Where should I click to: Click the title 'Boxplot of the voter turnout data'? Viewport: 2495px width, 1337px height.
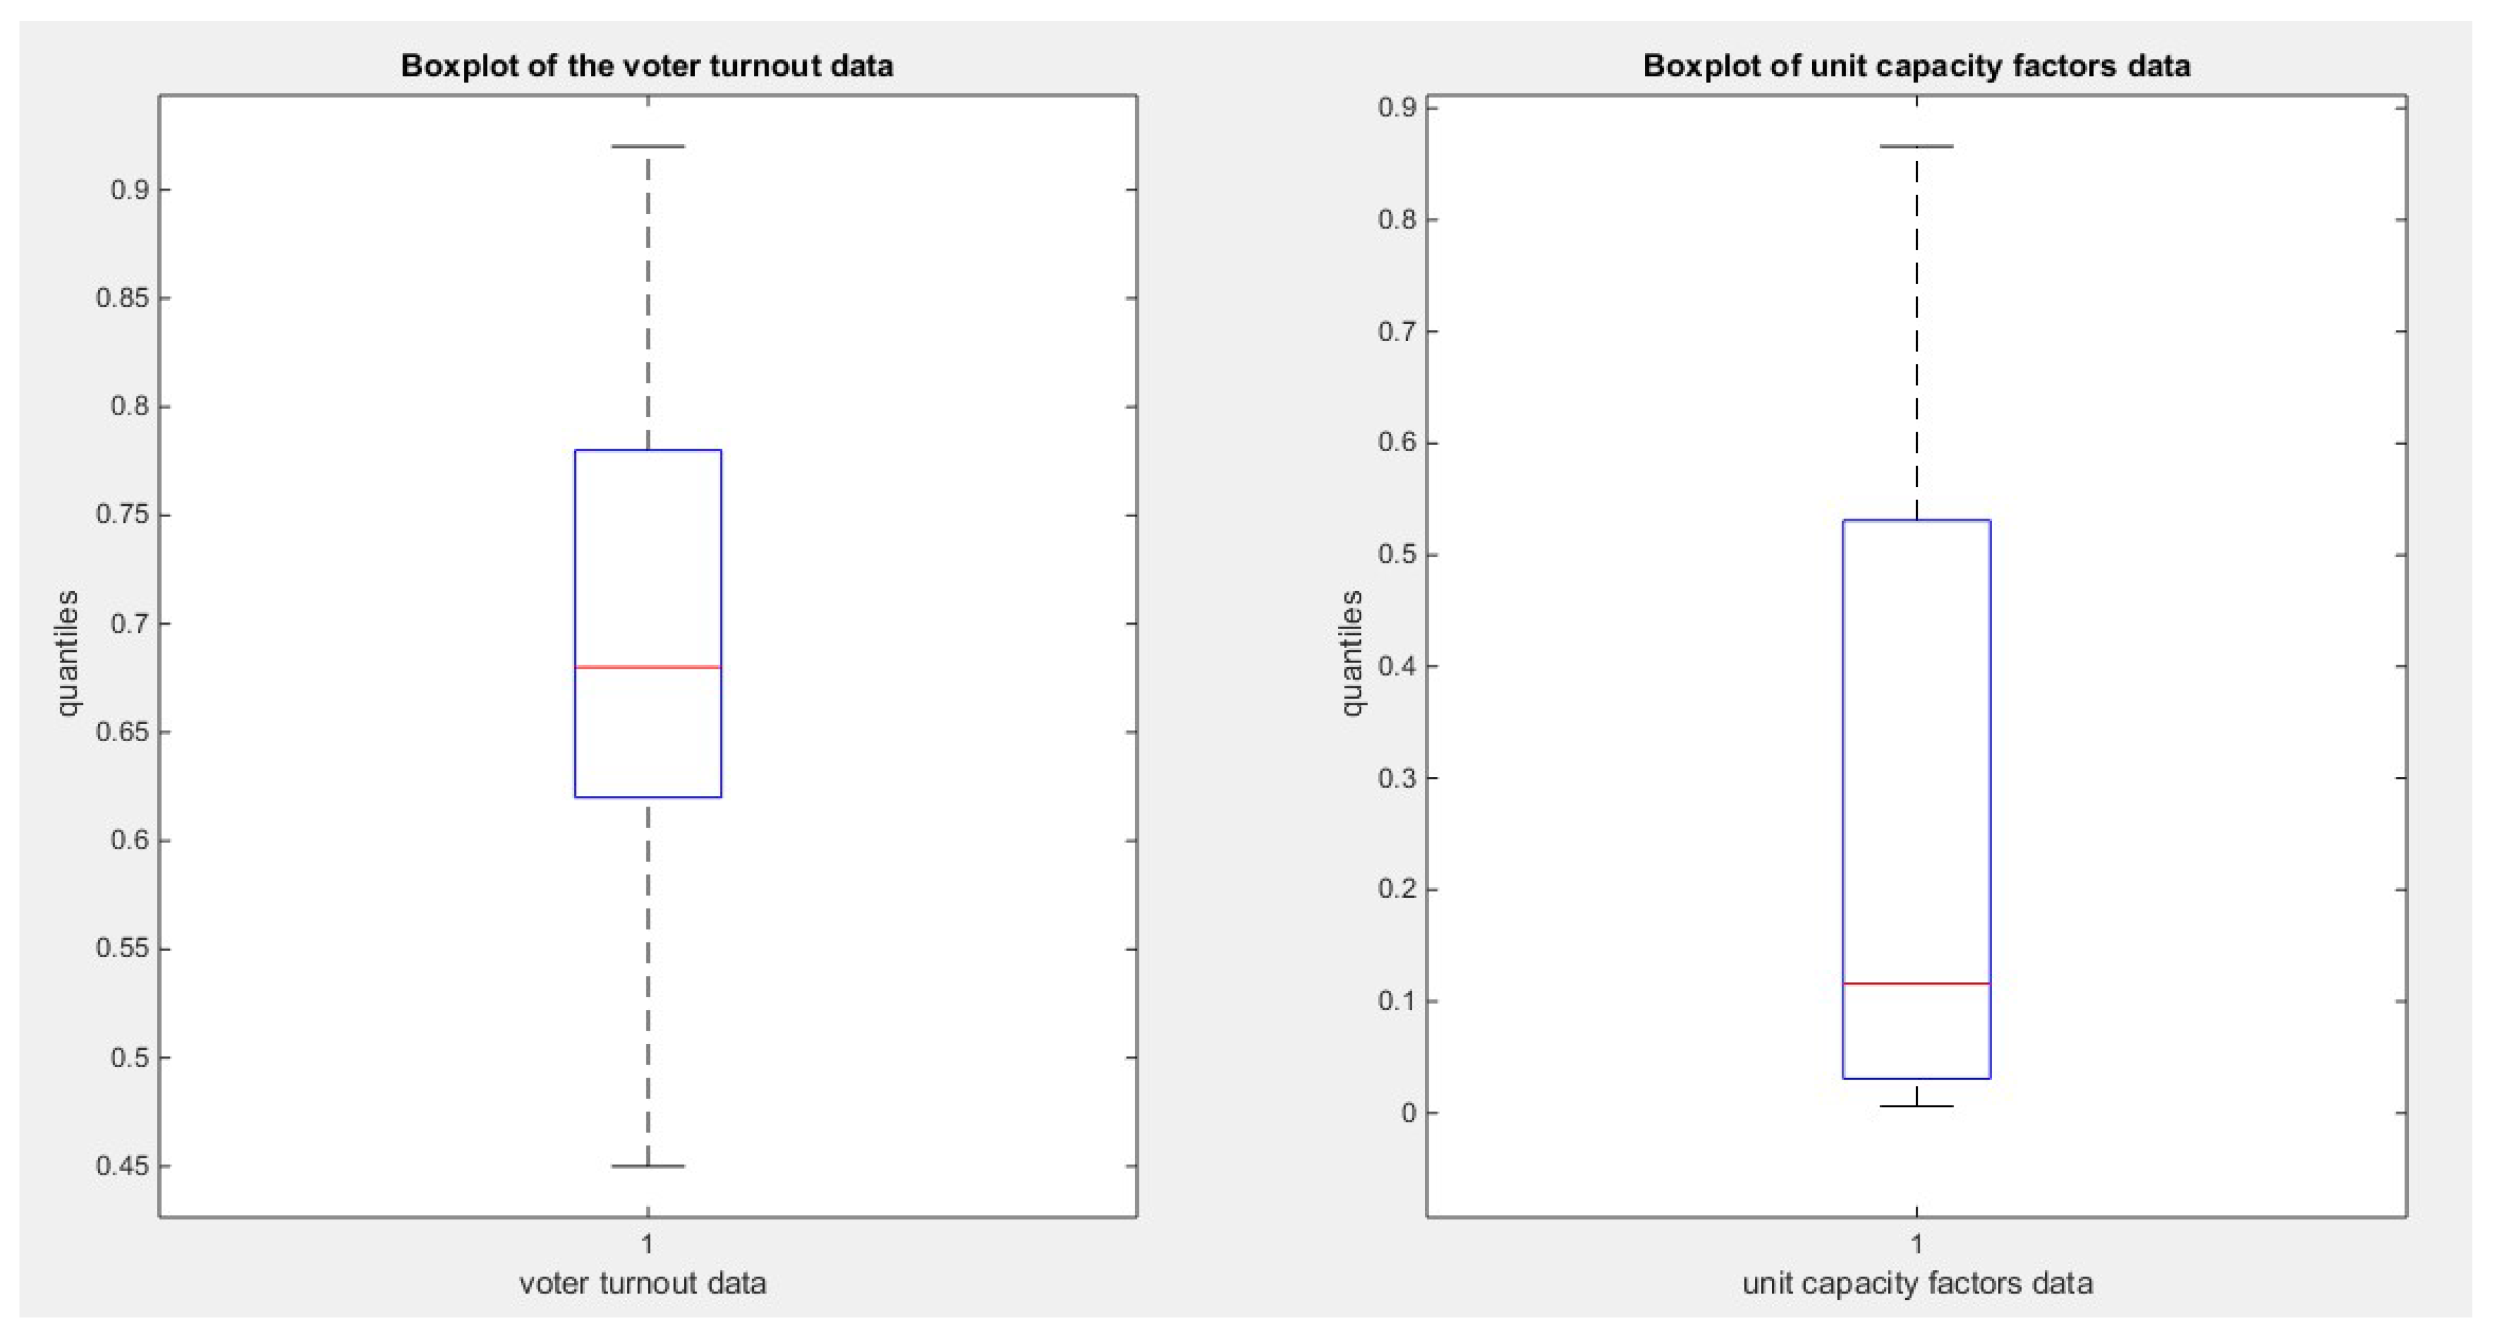pyautogui.click(x=647, y=66)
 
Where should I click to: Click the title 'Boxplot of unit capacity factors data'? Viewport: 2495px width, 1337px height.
pyautogui.click(x=1916, y=66)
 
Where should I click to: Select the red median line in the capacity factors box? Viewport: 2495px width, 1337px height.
pyautogui.click(x=1916, y=983)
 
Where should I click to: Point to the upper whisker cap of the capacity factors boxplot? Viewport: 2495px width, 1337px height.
pyautogui.click(x=1916, y=147)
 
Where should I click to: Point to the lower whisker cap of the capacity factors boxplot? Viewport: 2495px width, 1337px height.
pyautogui.click(x=1916, y=1105)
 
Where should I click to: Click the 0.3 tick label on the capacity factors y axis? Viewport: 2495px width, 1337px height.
pyautogui.click(x=1397, y=778)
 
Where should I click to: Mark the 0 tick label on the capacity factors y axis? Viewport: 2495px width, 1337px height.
pyautogui.click(x=1407, y=1113)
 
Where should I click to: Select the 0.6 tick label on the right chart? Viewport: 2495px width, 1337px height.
pyautogui.click(x=1397, y=444)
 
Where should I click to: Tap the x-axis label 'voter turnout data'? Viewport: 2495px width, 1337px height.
pyautogui.click(x=643, y=1284)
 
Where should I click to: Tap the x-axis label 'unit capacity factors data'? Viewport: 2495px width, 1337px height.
pyautogui.click(x=1917, y=1284)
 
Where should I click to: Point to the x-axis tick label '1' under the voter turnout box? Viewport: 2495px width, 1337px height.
pyautogui.click(x=647, y=1243)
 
